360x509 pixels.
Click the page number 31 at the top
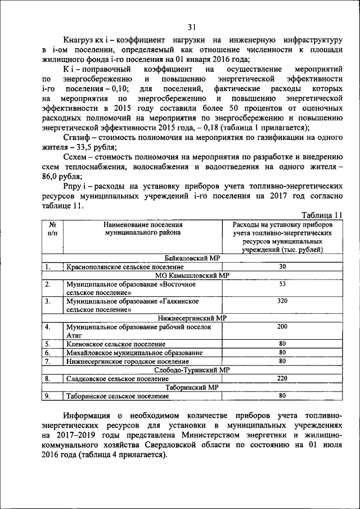(x=192, y=27)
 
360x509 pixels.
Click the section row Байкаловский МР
(x=192, y=258)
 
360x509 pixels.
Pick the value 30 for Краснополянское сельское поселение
(x=282, y=266)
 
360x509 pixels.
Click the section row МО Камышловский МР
(x=192, y=275)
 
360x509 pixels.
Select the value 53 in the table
(x=282, y=284)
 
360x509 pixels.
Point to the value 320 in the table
(x=282, y=301)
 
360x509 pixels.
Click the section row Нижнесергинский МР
(x=192, y=318)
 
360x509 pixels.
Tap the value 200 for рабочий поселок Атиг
(x=282, y=327)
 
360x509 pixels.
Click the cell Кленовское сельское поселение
(x=116, y=344)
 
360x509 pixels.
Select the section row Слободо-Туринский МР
(x=192, y=370)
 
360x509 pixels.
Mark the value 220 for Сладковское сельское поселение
(x=282, y=379)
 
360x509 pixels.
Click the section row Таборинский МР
(x=192, y=387)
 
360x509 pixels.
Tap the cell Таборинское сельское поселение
(x=118, y=396)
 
